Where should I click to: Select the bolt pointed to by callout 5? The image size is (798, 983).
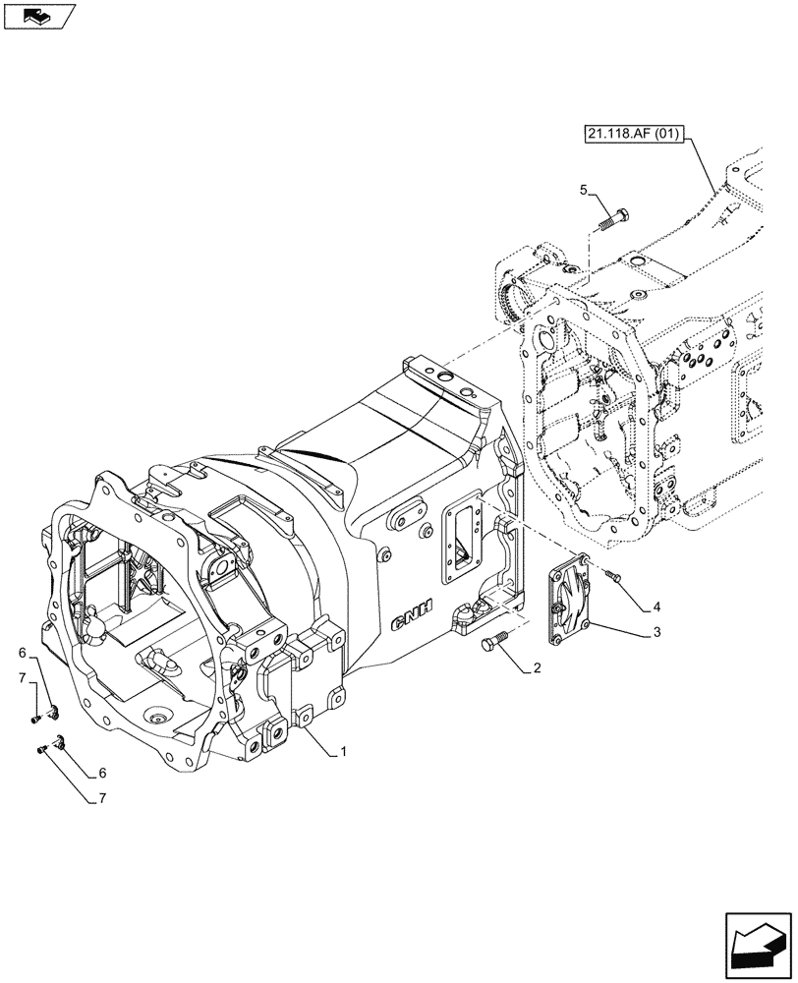(x=615, y=217)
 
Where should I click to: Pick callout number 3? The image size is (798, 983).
(x=655, y=634)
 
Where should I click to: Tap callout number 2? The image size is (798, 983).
(x=537, y=670)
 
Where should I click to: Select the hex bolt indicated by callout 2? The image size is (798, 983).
(x=494, y=643)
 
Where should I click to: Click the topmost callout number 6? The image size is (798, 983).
(x=20, y=652)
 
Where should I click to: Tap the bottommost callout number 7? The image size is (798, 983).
(x=100, y=800)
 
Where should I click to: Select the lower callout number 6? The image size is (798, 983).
(x=100, y=774)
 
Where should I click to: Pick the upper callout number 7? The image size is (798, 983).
(x=20, y=679)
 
